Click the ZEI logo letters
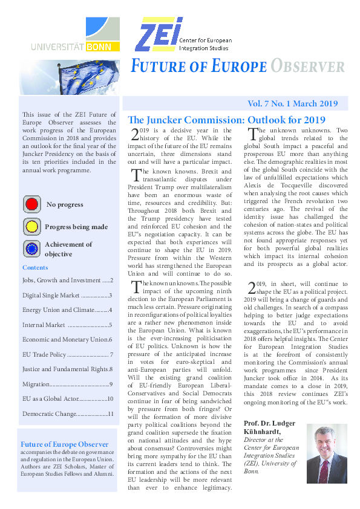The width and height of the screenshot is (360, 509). pyautogui.click(x=155, y=35)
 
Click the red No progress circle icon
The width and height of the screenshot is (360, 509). pyautogui.click(x=31, y=204)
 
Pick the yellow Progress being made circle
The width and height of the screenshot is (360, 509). pyautogui.click(x=31, y=227)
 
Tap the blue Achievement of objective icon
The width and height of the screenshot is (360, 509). pyautogui.click(x=31, y=248)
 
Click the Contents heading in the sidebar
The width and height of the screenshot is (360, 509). pyautogui.click(x=35, y=267)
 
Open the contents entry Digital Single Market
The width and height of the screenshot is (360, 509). pyautogui.click(x=67, y=296)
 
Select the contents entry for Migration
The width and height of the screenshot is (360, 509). pyautogui.click(x=67, y=384)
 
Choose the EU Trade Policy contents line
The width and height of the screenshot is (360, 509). pyautogui.click(x=67, y=354)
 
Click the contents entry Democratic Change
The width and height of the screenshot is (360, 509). pyautogui.click(x=67, y=413)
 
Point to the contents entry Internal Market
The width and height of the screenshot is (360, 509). pyautogui.click(x=67, y=325)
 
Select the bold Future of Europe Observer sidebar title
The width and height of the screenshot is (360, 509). pyautogui.click(x=65, y=444)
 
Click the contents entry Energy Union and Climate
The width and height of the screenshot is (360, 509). pyautogui.click(x=67, y=310)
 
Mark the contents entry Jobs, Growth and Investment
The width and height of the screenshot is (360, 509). pyautogui.click(x=67, y=280)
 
